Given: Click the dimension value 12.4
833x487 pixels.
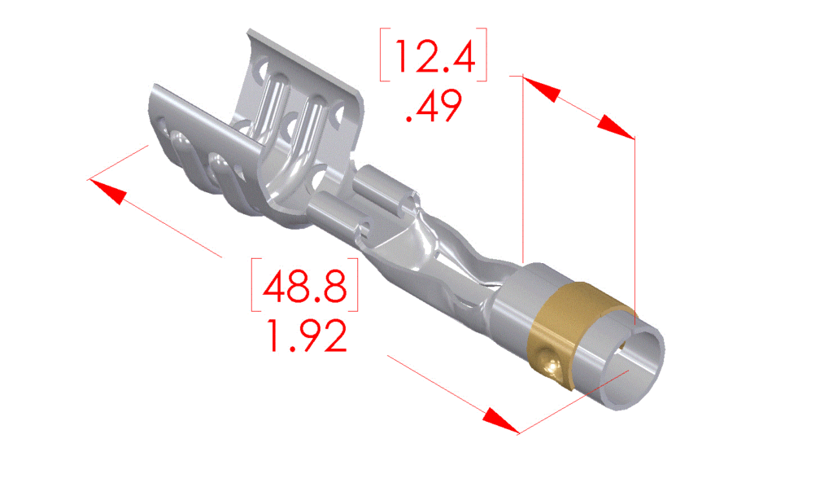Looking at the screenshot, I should pos(433,55).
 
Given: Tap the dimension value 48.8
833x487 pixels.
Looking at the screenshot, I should pos(303,286).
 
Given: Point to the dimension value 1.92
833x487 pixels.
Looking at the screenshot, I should pos(303,336).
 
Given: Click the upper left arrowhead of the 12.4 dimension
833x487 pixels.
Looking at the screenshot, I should pos(539,89).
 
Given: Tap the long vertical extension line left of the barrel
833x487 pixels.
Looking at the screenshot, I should pos(521,163).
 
